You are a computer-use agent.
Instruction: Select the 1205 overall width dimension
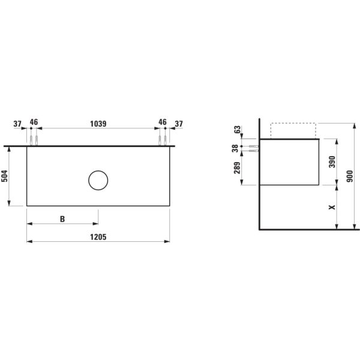click(98, 236)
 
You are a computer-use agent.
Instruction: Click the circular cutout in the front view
click(98, 180)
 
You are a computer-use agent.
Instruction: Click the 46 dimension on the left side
click(34, 122)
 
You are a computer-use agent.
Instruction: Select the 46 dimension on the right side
click(162, 122)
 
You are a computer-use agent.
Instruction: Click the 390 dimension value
click(333, 162)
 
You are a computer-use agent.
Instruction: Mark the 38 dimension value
click(236, 148)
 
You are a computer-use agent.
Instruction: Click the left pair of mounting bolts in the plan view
click(34, 140)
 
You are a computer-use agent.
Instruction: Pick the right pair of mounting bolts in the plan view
click(162, 140)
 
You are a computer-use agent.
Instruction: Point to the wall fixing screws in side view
click(253, 148)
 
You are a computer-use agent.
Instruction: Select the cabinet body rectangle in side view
click(290, 162)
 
